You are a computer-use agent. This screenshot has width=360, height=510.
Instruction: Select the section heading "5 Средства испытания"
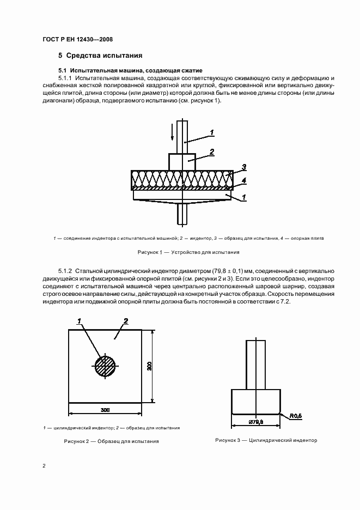pyautogui.click(x=100, y=56)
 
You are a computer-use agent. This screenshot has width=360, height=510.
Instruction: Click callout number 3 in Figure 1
pyautogui.click(x=244, y=167)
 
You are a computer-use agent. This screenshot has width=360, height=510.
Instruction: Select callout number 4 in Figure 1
pyautogui.click(x=244, y=180)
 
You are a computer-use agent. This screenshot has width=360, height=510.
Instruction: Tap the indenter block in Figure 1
pyautogui.click(x=182, y=161)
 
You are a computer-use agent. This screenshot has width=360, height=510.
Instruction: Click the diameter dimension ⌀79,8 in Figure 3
pyautogui.click(x=256, y=421)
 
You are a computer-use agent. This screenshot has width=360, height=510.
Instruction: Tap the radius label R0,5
pyautogui.click(x=296, y=417)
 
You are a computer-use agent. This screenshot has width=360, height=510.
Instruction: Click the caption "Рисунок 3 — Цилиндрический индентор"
pyautogui.click(x=266, y=440)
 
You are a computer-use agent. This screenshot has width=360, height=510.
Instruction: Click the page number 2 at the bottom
pyautogui.click(x=44, y=466)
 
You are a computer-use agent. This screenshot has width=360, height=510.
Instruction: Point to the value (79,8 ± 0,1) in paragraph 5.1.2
pyautogui.click(x=232, y=271)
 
